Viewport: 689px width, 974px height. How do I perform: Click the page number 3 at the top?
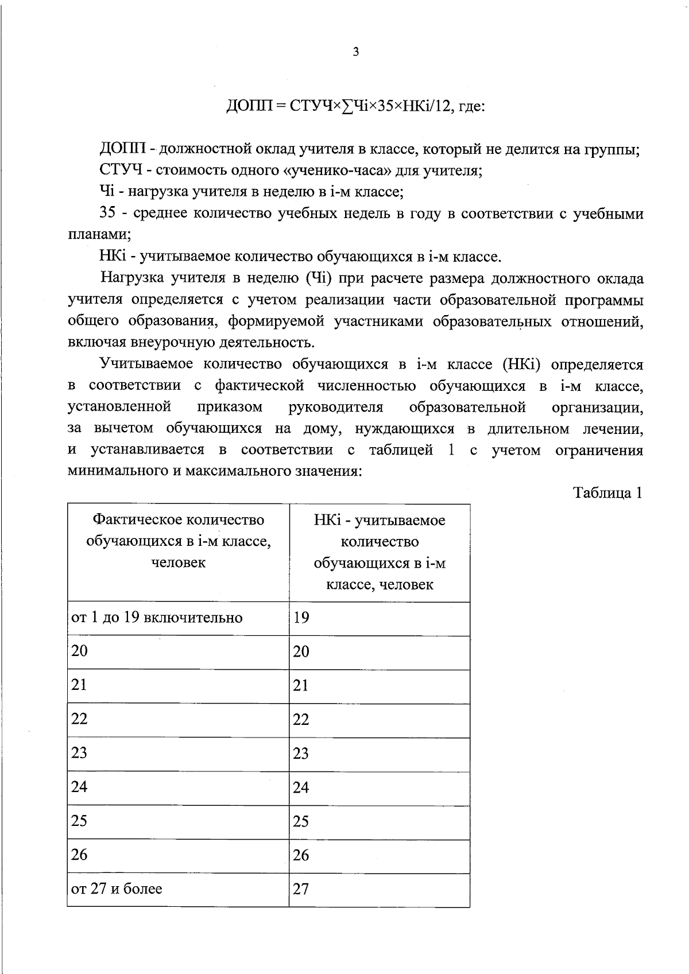(356, 52)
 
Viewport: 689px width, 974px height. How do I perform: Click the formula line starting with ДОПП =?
(355, 106)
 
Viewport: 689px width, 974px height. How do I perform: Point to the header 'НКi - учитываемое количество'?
(380, 552)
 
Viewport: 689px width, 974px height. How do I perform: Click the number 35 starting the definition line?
(109, 214)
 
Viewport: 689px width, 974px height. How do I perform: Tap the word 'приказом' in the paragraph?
(230, 407)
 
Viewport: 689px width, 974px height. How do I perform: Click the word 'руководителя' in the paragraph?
(336, 407)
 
